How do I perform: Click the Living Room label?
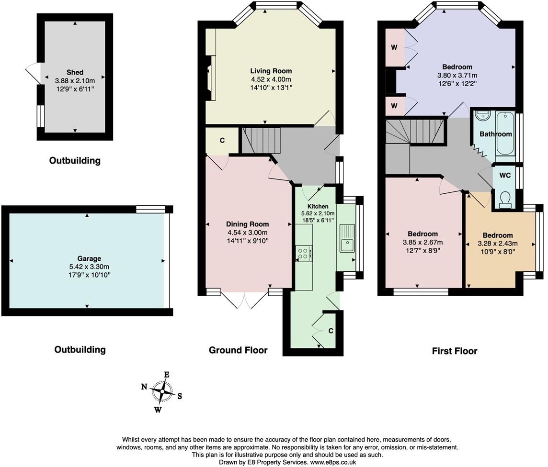pyautogui.click(x=271, y=71)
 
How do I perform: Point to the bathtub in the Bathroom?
pyautogui.click(x=505, y=134)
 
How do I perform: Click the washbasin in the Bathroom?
pyautogui.click(x=482, y=116)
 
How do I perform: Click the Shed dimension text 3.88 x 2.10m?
pyautogui.click(x=75, y=80)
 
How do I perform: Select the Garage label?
pyautogui.click(x=89, y=259)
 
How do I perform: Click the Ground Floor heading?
pyautogui.click(x=238, y=350)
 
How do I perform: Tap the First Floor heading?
pyautogui.click(x=454, y=351)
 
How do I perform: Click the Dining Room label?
pyautogui.click(x=247, y=224)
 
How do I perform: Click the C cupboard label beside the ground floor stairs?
pyautogui.click(x=222, y=140)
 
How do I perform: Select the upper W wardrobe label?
pyautogui.click(x=394, y=47)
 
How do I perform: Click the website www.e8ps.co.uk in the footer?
pyautogui.click(x=333, y=462)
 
